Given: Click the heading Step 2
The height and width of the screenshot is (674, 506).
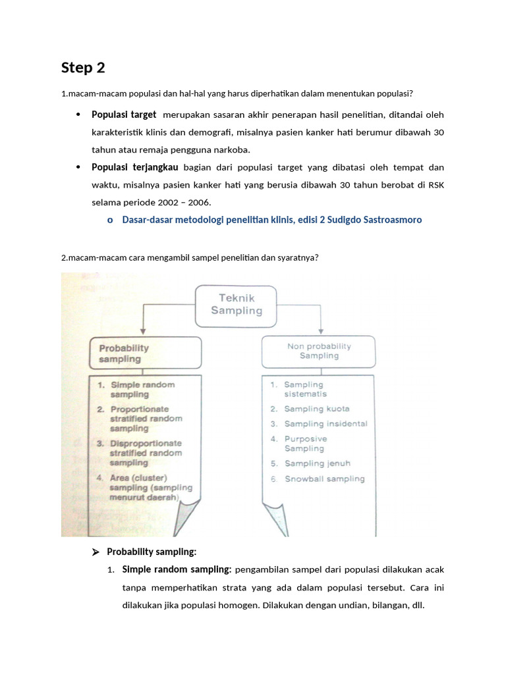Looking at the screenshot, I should click(83, 68).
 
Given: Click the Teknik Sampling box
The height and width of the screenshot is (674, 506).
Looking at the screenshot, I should click(236, 304).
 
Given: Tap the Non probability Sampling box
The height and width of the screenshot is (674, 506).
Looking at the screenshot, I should click(319, 351).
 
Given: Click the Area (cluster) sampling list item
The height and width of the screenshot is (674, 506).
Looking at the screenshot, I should click(145, 488).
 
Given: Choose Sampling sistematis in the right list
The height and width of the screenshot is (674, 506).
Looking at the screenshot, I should click(304, 389).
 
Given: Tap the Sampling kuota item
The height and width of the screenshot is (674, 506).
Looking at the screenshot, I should click(316, 409).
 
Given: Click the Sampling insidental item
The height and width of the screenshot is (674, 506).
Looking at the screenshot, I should click(325, 424).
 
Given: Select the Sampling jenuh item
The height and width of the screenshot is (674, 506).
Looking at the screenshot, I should click(317, 463).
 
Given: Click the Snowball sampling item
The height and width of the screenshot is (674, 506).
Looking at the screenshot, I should click(324, 479).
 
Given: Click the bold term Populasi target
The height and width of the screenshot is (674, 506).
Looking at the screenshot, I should click(124, 115).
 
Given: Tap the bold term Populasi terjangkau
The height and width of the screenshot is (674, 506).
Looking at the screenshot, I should click(135, 167).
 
